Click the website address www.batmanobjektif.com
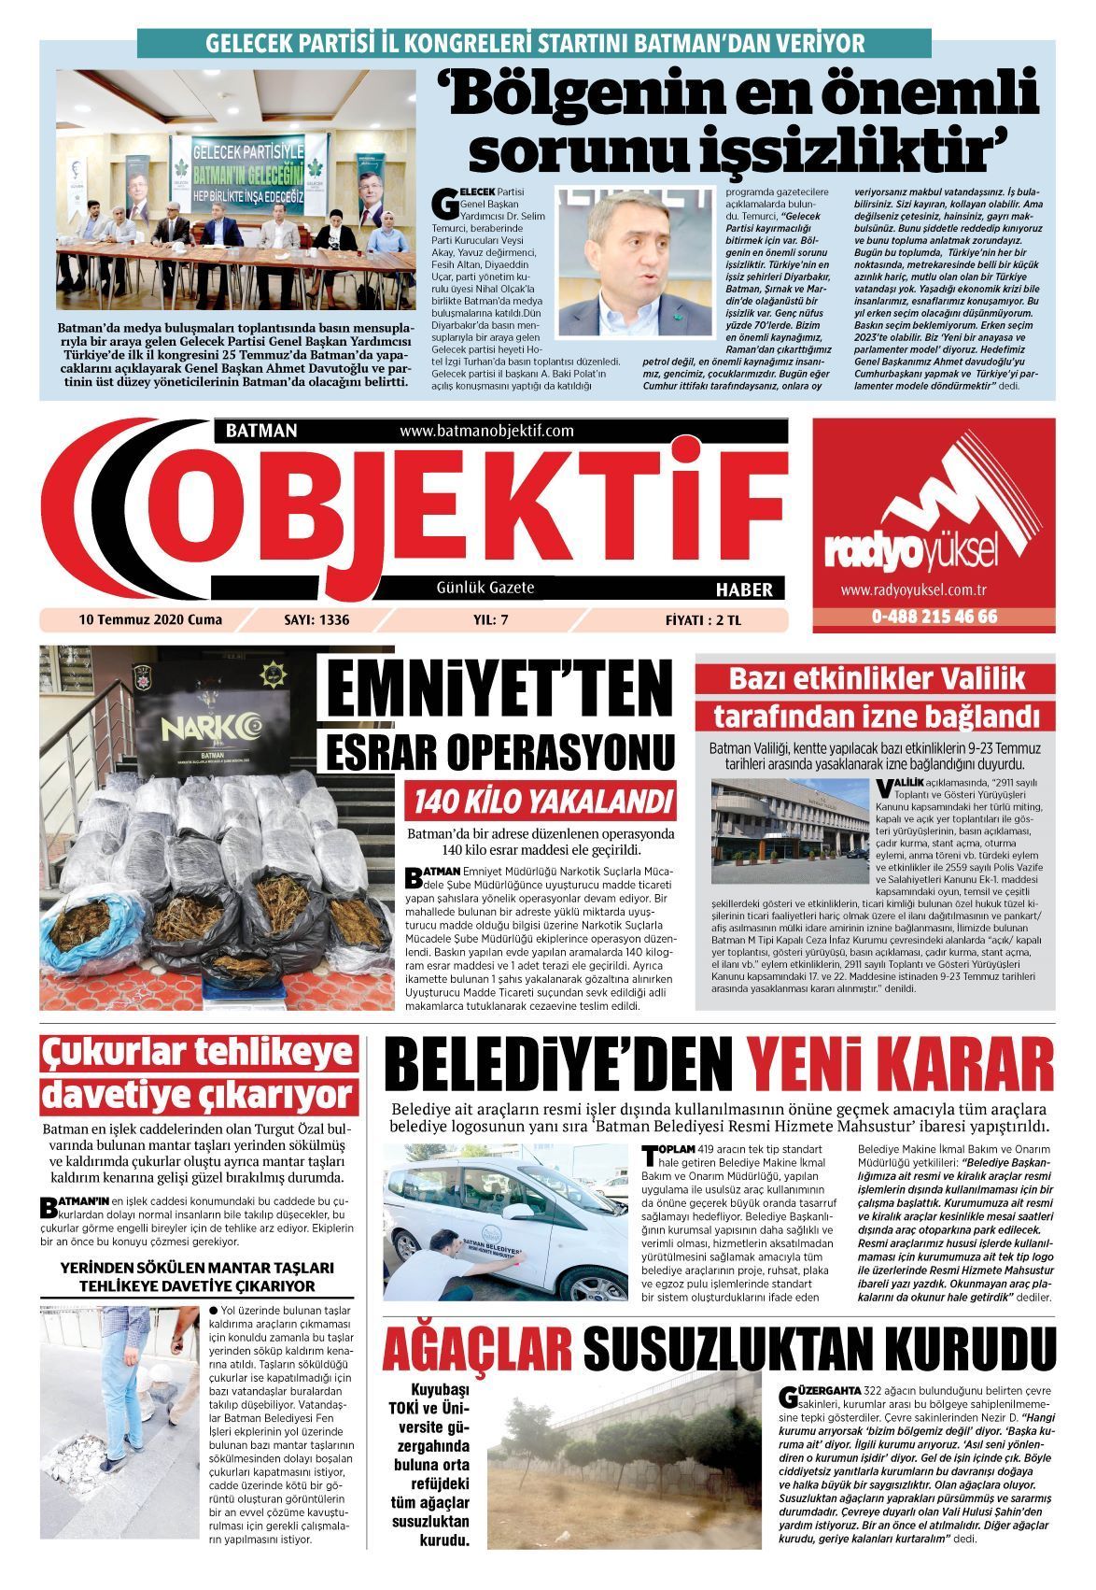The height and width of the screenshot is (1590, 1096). (x=485, y=431)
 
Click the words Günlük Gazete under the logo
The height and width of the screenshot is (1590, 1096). (x=485, y=588)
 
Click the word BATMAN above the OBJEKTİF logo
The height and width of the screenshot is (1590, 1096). (x=261, y=431)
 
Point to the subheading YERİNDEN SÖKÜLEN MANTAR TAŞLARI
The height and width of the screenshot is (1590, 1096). (x=196, y=1269)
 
